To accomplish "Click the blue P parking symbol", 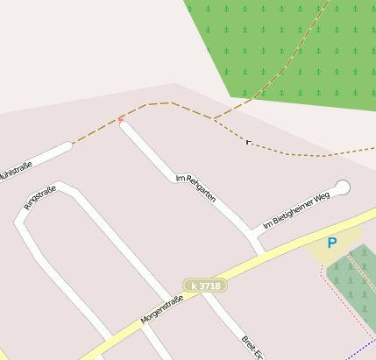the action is (x=331, y=244).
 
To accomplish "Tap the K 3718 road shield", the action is (x=204, y=286).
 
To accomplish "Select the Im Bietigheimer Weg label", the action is (x=296, y=210).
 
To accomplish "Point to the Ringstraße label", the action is (x=39, y=197).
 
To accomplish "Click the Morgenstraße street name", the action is (x=161, y=310).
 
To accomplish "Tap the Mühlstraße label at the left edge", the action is (x=19, y=165).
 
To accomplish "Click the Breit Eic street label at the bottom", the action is (x=253, y=345).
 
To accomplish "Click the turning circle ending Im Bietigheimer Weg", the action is (x=342, y=187).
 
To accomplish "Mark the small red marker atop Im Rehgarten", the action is (x=121, y=119).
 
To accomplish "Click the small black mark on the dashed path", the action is (x=249, y=141).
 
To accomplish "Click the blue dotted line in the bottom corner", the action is (x=360, y=349).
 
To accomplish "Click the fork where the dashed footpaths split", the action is (x=213, y=119).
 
